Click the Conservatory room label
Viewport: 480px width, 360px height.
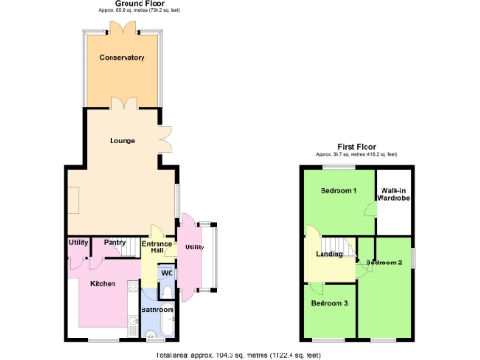pos(122,58)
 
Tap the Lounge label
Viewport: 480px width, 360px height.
pos(122,141)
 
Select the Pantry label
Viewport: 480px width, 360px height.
pos(114,242)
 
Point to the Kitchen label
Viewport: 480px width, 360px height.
pos(102,283)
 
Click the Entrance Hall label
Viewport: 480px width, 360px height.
pos(157,247)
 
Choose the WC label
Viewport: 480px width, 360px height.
pos(167,273)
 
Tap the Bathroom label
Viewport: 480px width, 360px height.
pos(157,309)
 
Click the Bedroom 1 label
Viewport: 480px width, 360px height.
pos(338,191)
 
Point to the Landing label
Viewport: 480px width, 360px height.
pos(329,253)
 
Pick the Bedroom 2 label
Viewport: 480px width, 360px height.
pos(384,262)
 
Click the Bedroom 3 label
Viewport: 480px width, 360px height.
pos(330,303)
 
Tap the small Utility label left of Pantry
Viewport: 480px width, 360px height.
pos(79,242)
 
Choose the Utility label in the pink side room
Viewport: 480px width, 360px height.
pos(194,247)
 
